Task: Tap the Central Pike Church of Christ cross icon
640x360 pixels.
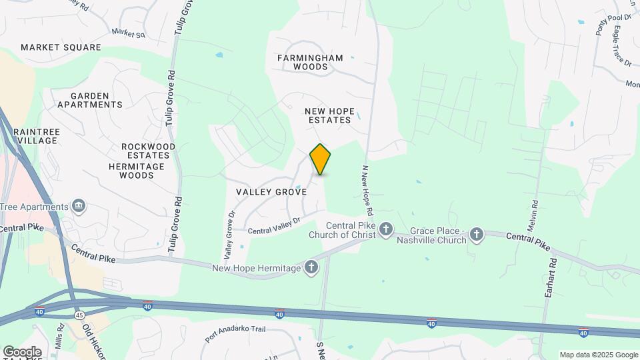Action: point(386,231)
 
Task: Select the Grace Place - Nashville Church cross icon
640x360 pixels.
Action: point(476,234)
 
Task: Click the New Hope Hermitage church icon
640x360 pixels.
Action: point(311,268)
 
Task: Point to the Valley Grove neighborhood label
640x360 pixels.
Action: point(271,191)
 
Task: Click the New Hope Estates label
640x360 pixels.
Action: point(328,115)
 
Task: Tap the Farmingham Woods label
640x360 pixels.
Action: point(311,62)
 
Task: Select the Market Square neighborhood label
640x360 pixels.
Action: point(61,47)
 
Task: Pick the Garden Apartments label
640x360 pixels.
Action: point(90,100)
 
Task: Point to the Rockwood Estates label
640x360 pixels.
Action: point(149,151)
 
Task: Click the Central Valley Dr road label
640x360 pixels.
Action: point(275,225)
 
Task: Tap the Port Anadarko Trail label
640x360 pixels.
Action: point(236,333)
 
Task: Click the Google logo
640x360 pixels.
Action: point(21,351)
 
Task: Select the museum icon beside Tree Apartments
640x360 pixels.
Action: point(79,205)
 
